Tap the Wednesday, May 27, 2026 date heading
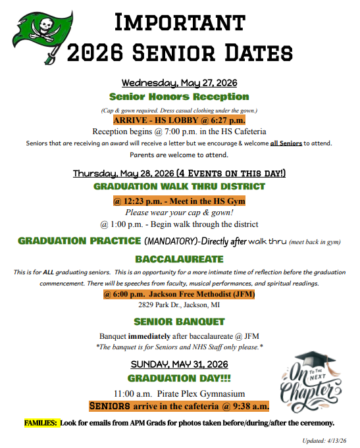(x=180, y=83)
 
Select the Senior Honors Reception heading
(x=179, y=97)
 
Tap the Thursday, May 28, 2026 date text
(x=122, y=174)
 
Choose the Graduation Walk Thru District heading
(x=179, y=186)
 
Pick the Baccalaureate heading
(x=179, y=259)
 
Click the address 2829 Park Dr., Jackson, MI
(x=179, y=305)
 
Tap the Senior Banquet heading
(x=179, y=322)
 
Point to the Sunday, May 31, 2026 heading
(x=179, y=364)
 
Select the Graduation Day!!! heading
(x=179, y=378)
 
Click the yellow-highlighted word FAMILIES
(x=41, y=422)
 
